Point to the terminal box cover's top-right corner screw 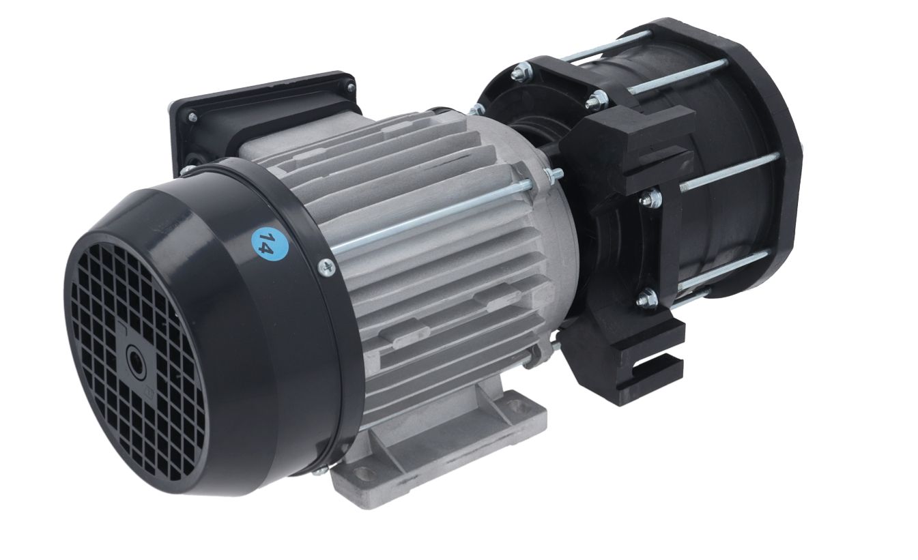click(x=350, y=87)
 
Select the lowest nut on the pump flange click(x=648, y=298)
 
